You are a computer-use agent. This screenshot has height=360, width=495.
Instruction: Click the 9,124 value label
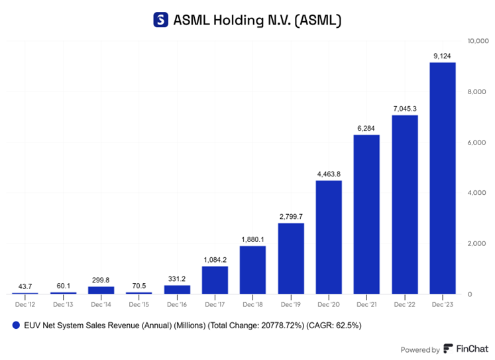point(443,56)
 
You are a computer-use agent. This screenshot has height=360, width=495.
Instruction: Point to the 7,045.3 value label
point(404,109)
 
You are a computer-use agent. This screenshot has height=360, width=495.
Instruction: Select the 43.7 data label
point(25,286)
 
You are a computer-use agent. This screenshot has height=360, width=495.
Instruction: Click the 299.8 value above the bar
point(101,280)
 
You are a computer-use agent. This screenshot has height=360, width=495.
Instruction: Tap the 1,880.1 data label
point(252,240)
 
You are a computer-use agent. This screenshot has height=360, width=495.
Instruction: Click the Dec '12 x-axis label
point(25,304)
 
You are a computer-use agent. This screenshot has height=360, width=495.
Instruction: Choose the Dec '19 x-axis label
point(291,304)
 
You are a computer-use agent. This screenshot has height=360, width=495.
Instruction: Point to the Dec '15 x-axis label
point(139,304)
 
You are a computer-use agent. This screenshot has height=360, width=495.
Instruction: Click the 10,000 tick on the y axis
point(479,41)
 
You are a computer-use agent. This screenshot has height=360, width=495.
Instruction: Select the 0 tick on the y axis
point(470,294)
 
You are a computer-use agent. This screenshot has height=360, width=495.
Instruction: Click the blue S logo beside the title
point(160,20)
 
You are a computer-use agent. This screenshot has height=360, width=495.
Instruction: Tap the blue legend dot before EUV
point(15,326)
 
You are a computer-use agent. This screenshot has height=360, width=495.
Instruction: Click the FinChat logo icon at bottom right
point(449,349)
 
